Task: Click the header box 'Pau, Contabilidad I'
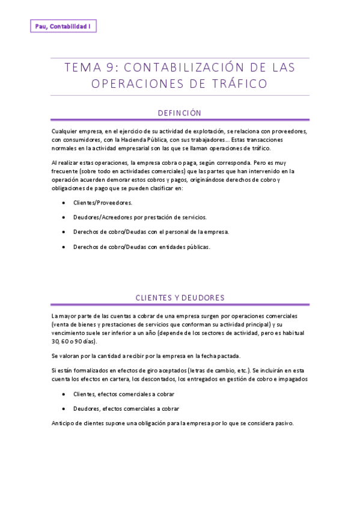63,26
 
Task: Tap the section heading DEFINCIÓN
179,113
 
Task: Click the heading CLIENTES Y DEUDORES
180,298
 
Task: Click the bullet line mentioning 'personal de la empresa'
151,232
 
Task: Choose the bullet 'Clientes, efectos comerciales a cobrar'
124,394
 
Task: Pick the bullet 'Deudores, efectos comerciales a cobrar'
126,408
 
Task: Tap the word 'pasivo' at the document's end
282,423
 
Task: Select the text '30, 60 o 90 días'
74,341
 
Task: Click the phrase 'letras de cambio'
225,370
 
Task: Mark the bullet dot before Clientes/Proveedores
64,203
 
